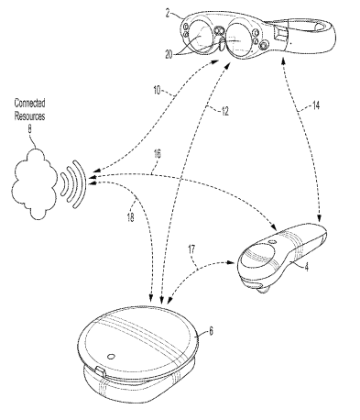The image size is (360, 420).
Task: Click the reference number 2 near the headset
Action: (x=168, y=14)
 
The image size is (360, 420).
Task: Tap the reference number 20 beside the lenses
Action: (x=169, y=55)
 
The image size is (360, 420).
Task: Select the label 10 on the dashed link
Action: (x=157, y=91)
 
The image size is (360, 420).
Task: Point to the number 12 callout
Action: (x=224, y=111)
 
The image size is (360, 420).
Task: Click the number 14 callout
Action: (x=316, y=105)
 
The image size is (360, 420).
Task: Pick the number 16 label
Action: (x=157, y=154)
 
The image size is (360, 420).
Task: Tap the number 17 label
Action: (x=191, y=249)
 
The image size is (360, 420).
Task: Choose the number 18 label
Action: (x=130, y=217)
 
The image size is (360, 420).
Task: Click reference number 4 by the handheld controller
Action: (x=307, y=267)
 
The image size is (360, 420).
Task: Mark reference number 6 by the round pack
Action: (x=211, y=331)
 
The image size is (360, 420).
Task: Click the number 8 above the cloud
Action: (x=29, y=129)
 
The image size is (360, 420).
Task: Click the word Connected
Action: (x=30, y=103)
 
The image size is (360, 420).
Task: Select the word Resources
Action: (x=30, y=116)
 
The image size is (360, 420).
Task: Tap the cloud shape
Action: (x=34, y=184)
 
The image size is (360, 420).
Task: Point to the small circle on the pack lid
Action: (x=111, y=356)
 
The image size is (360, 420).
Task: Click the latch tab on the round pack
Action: (x=100, y=372)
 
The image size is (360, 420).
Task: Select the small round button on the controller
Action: (x=272, y=242)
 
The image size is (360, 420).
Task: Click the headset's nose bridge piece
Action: (x=222, y=43)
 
